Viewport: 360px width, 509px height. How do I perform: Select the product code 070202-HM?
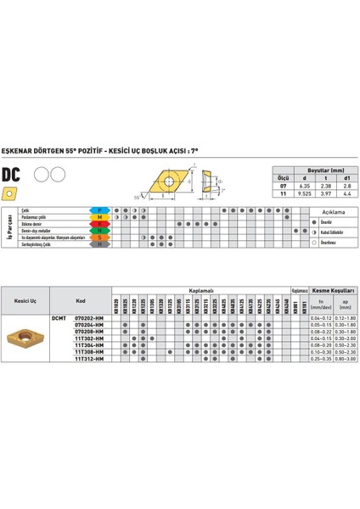point(89,317)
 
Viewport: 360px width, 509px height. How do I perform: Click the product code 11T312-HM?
point(89,359)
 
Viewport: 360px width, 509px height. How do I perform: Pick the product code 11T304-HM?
point(89,345)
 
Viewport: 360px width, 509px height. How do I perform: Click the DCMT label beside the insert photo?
point(58,317)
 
